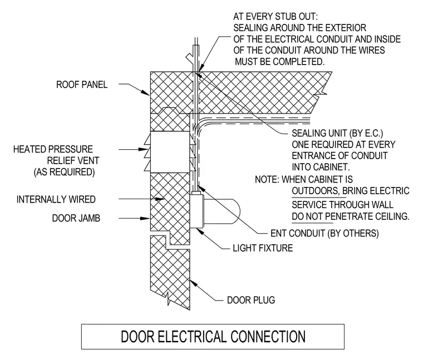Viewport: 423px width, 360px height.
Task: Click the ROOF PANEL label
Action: pyautogui.click(x=82, y=85)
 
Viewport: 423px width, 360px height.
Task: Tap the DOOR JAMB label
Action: pyautogui.click(x=76, y=218)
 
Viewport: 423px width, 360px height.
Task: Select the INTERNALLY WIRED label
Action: pyautogui.click(x=56, y=199)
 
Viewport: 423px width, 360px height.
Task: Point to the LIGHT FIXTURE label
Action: pyautogui.click(x=263, y=248)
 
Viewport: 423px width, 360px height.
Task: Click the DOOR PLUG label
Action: pyautogui.click(x=251, y=300)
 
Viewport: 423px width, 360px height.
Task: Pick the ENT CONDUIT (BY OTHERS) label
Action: pyautogui.click(x=324, y=233)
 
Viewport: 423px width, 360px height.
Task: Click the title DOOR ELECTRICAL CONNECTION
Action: pyautogui.click(x=213, y=337)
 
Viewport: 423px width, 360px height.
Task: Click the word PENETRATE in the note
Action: pyautogui.click(x=353, y=216)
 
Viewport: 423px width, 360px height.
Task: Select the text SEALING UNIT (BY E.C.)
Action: pyautogui.click(x=337, y=133)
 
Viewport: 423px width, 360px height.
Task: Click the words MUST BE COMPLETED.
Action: pyautogui.click(x=280, y=62)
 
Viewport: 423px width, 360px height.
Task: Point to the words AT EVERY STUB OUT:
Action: pyautogui.click(x=276, y=17)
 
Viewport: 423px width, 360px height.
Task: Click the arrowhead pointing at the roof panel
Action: pyautogui.click(x=146, y=92)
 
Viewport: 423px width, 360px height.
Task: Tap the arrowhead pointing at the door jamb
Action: pyautogui.click(x=145, y=218)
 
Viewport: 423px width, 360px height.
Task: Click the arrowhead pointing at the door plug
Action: pyautogui.click(x=194, y=284)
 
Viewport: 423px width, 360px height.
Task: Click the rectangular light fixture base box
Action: pyautogui.click(x=196, y=211)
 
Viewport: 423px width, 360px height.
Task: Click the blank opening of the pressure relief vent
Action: pyautogui.click(x=170, y=152)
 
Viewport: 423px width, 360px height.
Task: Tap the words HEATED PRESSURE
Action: pyautogui.click(x=53, y=149)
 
